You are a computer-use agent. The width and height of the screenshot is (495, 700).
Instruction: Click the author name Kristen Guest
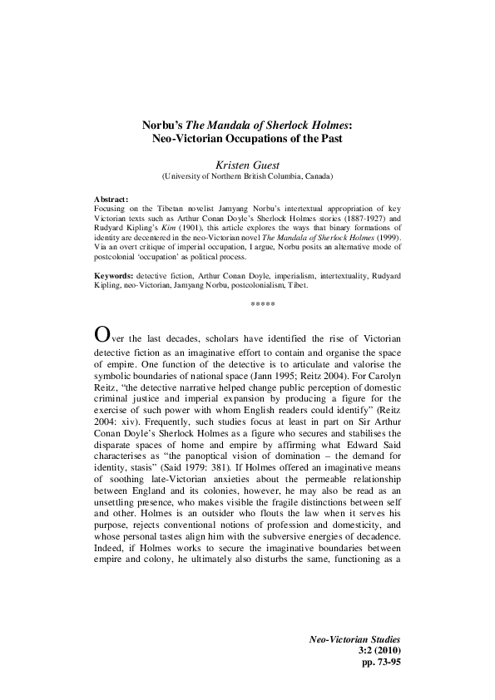click(x=246, y=165)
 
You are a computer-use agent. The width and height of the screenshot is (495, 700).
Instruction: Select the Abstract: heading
click(x=112, y=200)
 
